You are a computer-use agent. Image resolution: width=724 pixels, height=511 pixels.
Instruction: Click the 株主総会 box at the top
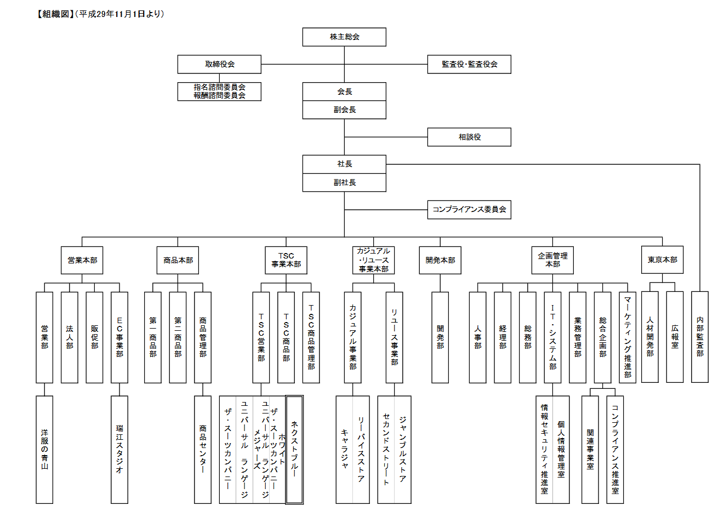pyautogui.click(x=344, y=37)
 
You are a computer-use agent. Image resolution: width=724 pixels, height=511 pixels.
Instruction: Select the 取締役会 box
pyautogui.click(x=219, y=64)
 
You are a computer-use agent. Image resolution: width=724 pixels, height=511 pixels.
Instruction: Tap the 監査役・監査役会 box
pyautogui.click(x=469, y=64)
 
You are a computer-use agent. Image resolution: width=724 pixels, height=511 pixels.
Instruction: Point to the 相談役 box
pyautogui.click(x=469, y=137)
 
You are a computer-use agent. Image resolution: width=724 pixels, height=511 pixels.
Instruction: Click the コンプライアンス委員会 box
pyautogui.click(x=469, y=209)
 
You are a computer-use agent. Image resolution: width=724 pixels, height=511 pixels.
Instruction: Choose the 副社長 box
pyautogui.click(x=344, y=182)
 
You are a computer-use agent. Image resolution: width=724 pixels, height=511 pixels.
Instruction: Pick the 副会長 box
pyautogui.click(x=344, y=110)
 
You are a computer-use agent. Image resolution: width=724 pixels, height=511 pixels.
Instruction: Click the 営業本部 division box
pyautogui.click(x=82, y=260)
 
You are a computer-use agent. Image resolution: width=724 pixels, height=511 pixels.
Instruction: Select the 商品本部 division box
pyautogui.click(x=178, y=260)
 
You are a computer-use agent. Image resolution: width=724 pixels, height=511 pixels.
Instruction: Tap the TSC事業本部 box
pyautogui.click(x=286, y=260)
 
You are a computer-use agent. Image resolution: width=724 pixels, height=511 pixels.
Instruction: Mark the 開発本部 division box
pyautogui.click(x=440, y=260)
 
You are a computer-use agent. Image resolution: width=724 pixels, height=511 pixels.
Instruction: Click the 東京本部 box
pyautogui.click(x=662, y=260)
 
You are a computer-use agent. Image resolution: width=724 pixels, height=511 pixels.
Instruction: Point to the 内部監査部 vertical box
pyautogui.click(x=700, y=337)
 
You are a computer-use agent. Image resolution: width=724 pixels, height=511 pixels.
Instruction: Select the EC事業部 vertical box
pyautogui.click(x=119, y=337)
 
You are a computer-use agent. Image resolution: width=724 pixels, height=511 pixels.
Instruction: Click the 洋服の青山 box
pyautogui.click(x=44, y=449)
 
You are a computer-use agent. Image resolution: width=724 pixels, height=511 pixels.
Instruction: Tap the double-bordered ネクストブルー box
pyautogui.click(x=294, y=449)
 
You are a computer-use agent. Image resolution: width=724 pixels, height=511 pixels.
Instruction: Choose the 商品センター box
pyautogui.click(x=203, y=449)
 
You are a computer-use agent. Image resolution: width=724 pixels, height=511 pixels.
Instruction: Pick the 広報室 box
pyautogui.click(x=675, y=337)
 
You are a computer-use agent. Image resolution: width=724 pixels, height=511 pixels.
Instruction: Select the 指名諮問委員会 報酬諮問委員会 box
pyautogui.click(x=219, y=91)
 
